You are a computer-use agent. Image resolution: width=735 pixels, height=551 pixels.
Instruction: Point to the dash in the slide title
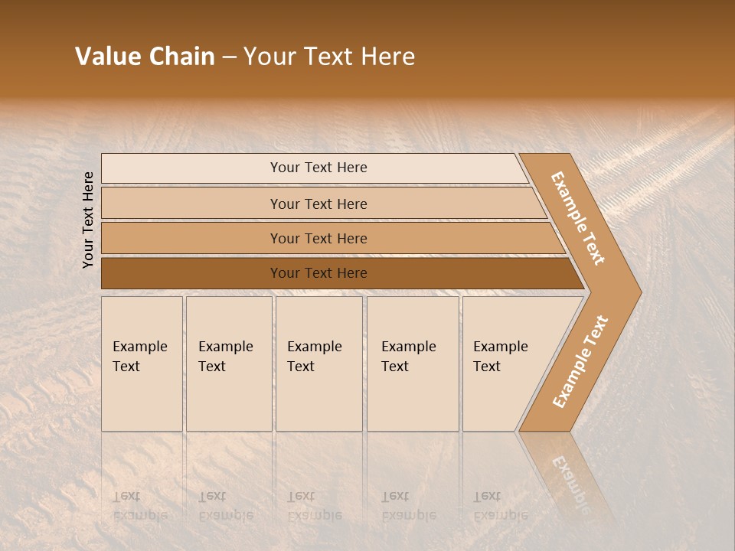point(229,57)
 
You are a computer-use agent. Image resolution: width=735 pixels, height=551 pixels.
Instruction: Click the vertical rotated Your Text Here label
point(88,220)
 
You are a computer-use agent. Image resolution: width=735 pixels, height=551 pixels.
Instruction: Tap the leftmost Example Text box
point(142,364)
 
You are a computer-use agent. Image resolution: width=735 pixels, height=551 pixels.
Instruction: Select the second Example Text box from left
point(229,364)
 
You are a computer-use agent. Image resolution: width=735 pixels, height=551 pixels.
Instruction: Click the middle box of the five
point(318,364)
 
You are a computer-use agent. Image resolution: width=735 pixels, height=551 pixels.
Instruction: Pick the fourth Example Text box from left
point(413,364)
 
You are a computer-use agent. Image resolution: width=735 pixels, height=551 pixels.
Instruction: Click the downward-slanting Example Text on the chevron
point(578,218)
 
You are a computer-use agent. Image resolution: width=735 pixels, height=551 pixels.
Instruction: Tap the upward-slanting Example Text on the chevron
point(580,362)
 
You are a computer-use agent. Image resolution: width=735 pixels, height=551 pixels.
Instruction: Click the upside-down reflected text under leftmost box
point(140,506)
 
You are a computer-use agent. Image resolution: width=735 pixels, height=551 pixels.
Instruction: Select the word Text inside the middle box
point(301,367)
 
